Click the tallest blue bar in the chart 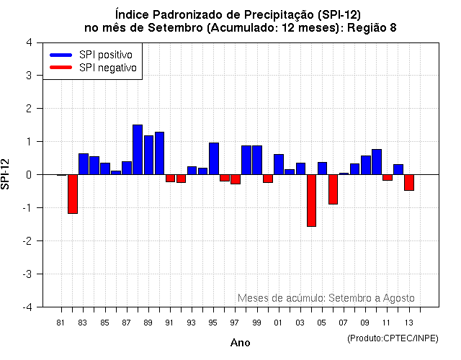(138, 150)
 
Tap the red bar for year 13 (409, 182)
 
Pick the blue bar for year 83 (84, 164)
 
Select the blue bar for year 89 (148, 155)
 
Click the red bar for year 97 (236, 179)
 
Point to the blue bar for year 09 (366, 165)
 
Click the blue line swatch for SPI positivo (61, 55)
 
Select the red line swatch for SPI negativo (61, 68)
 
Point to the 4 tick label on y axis (28, 42)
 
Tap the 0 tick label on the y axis (28, 174)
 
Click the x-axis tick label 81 (61, 322)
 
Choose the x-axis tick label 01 (278, 322)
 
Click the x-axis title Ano (240, 343)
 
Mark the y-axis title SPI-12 (7, 174)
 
